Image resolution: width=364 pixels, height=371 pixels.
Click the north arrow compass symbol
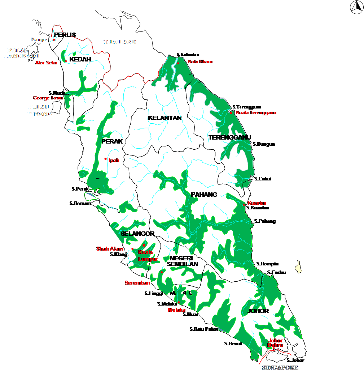pyautogui.click(x=356, y=6)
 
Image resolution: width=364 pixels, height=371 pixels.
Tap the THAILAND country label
pyautogui.click(x=120, y=42)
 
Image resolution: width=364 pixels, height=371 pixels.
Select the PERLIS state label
pyautogui.click(x=65, y=35)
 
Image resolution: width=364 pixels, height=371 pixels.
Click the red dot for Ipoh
pyautogui.click(x=105, y=159)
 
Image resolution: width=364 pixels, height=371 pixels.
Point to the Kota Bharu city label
pyautogui.click(x=200, y=62)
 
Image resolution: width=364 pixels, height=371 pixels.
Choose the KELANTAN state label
pyautogui.click(x=165, y=118)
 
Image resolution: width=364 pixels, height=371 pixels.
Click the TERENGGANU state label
pyautogui.click(x=229, y=137)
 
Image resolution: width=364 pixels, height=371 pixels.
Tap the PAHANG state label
pyautogui.click(x=204, y=195)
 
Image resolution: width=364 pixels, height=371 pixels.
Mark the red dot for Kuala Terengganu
pyautogui.click(x=231, y=113)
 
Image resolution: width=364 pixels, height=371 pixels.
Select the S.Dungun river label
pyautogui.click(x=264, y=144)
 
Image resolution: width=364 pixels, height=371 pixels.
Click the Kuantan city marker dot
pyautogui.click(x=244, y=205)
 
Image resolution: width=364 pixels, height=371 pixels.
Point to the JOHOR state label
pyautogui.click(x=258, y=311)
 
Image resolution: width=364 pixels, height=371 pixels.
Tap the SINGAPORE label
pyautogui.click(x=280, y=367)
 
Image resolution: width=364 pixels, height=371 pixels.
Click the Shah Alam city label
pyautogui.click(x=109, y=249)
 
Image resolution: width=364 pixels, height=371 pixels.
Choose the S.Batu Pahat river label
pyautogui.click(x=204, y=329)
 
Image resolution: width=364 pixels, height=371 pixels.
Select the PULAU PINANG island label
pyautogui.click(x=40, y=110)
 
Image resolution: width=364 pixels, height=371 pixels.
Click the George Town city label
pyautogui.click(x=48, y=98)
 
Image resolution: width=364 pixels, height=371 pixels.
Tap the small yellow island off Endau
pyautogui.click(x=298, y=268)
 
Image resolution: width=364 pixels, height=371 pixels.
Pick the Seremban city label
pyautogui.click(x=137, y=283)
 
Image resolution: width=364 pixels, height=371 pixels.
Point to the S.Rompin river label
pyautogui.click(x=267, y=264)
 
